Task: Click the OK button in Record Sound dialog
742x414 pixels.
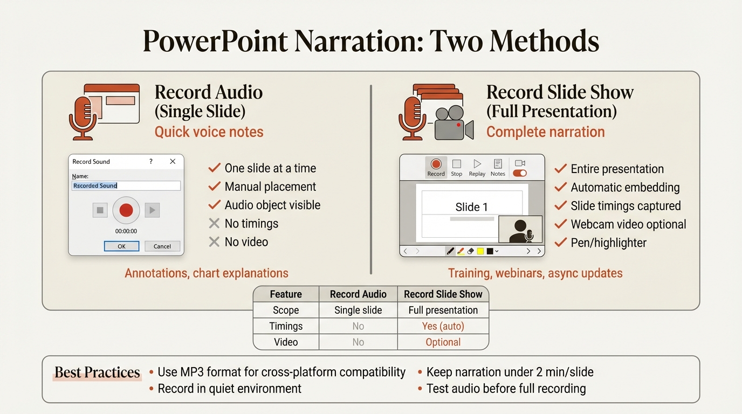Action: (x=121, y=246)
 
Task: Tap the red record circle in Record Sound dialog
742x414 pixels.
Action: (x=126, y=210)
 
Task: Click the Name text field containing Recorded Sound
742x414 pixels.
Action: (x=126, y=185)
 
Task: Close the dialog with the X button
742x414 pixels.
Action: (x=173, y=161)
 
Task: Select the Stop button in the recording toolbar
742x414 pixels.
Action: (x=456, y=167)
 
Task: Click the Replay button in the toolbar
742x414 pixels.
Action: (x=477, y=167)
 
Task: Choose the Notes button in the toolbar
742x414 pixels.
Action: (x=498, y=167)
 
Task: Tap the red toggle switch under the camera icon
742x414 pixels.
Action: (x=520, y=173)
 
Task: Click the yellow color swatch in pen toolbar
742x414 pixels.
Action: (x=480, y=251)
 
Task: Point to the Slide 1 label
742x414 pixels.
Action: (x=471, y=207)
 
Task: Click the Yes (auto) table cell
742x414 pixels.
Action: (x=443, y=326)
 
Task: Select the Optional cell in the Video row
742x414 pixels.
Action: (x=443, y=342)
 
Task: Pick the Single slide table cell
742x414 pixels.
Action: (x=358, y=310)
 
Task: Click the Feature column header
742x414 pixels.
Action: (x=286, y=294)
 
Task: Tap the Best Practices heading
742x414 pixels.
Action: (x=97, y=372)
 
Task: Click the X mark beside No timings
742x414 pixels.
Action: (x=214, y=224)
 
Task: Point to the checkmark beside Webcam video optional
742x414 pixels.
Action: (x=561, y=224)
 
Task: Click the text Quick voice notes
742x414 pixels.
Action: (x=209, y=132)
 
